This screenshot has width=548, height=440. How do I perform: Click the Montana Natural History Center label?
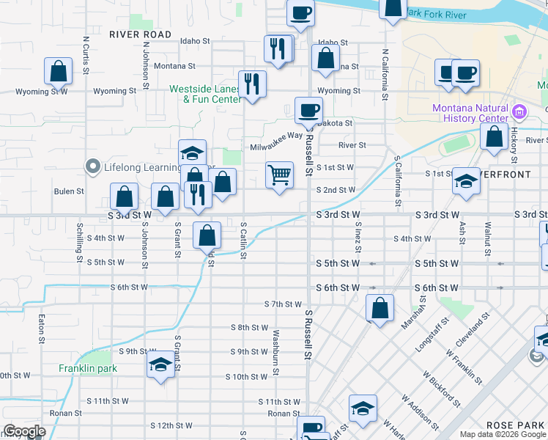point(470,113)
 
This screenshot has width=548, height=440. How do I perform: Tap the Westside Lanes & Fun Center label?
point(206,94)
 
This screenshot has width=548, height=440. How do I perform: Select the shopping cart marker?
point(279,176)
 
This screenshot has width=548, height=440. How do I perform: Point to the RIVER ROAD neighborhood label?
point(140,34)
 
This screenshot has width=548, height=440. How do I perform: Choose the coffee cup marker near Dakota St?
point(308,110)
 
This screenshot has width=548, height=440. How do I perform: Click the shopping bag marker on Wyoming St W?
point(58,72)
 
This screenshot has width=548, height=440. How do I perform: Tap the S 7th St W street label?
point(283,304)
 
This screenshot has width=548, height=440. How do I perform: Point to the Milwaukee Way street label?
point(276,147)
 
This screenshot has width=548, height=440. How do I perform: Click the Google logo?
point(24,432)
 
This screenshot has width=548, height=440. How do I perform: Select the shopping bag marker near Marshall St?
point(379,308)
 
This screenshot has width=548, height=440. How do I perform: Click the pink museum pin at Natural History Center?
point(519,113)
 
